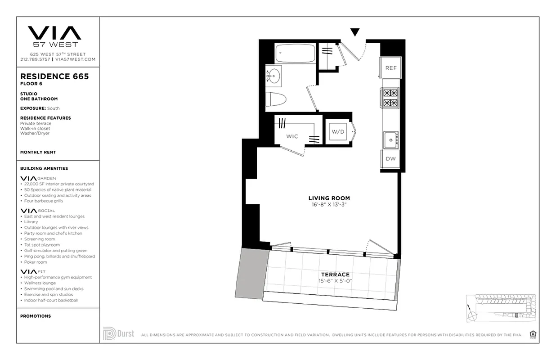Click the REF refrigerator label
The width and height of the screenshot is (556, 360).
click(391, 68)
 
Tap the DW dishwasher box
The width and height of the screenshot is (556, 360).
click(390, 159)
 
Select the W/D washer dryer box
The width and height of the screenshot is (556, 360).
click(338, 132)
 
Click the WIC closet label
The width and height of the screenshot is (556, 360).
click(292, 136)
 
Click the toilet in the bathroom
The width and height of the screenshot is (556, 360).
click(275, 99)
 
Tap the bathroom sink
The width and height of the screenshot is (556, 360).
click(274, 76)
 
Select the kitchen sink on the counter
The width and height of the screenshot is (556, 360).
click(390, 140)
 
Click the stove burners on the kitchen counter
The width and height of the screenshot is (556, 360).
click(390, 98)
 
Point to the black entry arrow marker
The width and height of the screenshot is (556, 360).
click(355, 32)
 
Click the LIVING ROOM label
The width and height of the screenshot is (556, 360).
click(329, 198)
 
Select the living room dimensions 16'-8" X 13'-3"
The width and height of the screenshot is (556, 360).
click(329, 205)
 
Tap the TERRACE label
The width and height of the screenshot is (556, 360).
click(335, 274)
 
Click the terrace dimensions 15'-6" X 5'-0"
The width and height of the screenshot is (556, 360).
click(335, 281)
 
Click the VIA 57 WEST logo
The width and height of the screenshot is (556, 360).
click(54, 36)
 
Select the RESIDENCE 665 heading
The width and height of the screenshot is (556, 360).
click(54, 76)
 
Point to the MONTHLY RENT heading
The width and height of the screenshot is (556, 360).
click(38, 152)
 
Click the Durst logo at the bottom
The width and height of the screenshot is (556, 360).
click(119, 334)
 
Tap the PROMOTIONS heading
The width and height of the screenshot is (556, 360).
click(36, 316)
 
